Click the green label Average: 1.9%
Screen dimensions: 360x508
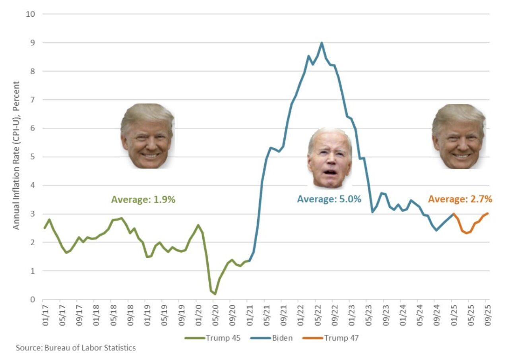click(x=143, y=199)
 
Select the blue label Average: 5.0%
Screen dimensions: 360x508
click(x=329, y=199)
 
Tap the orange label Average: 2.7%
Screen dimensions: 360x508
click(x=460, y=199)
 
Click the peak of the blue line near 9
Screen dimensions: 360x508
click(x=322, y=43)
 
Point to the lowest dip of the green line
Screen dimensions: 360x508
click(x=215, y=294)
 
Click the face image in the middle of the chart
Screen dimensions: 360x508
click(x=330, y=158)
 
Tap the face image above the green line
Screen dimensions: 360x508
click(x=147, y=136)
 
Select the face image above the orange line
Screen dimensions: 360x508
click(x=459, y=136)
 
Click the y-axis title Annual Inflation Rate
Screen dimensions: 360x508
click(x=16, y=155)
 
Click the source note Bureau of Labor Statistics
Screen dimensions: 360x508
click(x=76, y=348)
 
